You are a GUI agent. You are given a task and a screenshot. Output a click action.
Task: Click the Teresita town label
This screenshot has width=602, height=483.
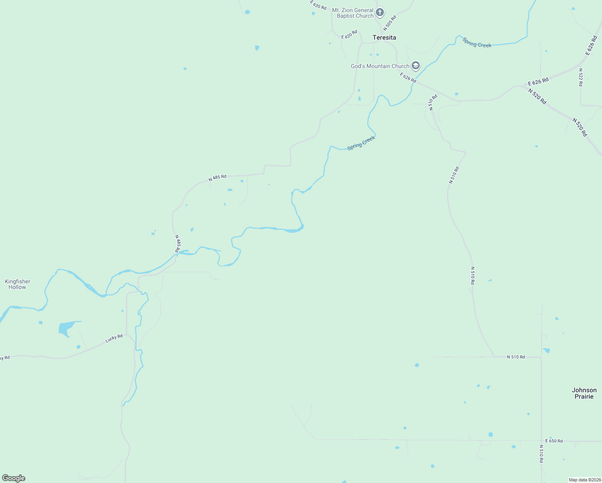[x=384, y=37]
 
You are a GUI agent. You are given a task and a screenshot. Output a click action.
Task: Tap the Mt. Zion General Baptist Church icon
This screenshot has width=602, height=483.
[x=379, y=12]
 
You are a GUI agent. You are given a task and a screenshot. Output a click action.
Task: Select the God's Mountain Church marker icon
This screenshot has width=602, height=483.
[x=416, y=66]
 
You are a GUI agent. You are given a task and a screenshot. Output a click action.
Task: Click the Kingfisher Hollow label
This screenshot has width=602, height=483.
[x=17, y=284]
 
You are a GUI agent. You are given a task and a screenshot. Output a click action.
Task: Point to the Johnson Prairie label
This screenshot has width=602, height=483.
[x=584, y=393]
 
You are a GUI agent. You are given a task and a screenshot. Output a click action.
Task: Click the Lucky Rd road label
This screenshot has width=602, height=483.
[x=114, y=339]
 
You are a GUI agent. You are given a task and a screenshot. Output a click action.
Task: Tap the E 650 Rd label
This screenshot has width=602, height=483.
[x=554, y=441]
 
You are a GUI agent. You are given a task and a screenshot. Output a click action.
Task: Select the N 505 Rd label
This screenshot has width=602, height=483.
[x=390, y=23]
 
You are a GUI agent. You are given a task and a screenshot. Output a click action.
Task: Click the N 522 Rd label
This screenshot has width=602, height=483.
[x=581, y=77]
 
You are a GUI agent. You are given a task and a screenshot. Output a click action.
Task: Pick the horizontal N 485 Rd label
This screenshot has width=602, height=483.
[x=217, y=178]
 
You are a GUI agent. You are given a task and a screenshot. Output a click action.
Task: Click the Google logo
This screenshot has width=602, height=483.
[x=14, y=478]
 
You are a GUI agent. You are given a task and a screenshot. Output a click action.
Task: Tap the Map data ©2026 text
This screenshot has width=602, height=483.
[x=585, y=480]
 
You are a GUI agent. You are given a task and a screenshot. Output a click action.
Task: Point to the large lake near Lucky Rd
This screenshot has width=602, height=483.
[x=65, y=328]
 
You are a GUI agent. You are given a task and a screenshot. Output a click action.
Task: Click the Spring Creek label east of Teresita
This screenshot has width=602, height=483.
[x=477, y=43]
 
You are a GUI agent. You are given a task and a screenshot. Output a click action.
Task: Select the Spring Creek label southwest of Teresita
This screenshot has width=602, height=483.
[x=361, y=143]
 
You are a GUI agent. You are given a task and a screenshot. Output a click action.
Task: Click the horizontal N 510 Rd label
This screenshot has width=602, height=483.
[x=515, y=357]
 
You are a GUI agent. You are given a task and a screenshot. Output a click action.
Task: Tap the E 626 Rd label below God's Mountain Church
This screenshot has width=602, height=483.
[x=408, y=77]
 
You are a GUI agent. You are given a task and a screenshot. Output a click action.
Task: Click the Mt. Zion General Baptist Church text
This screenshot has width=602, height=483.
[x=353, y=13]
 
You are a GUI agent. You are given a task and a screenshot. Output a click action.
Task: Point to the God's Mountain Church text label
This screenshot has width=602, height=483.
[x=380, y=66]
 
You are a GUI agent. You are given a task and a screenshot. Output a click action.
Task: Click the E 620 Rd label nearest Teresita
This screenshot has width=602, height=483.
[x=349, y=35]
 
